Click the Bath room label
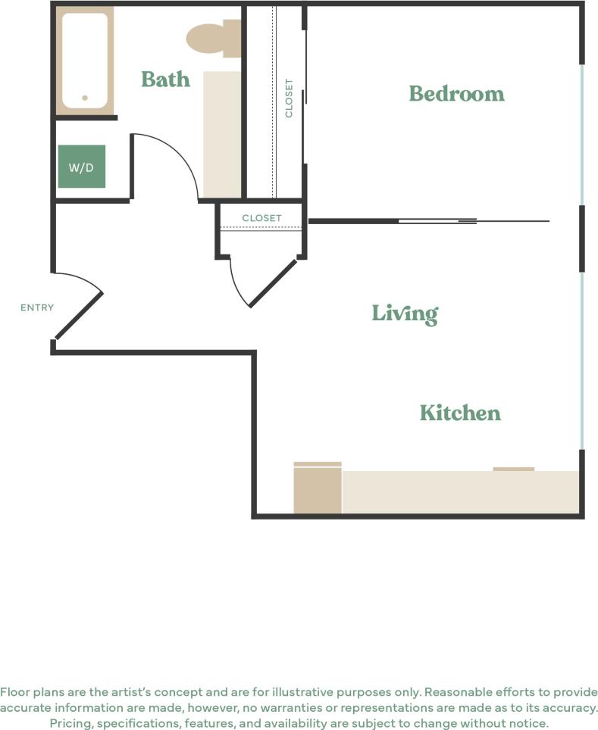pyautogui.click(x=165, y=79)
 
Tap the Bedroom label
pyautogui.click(x=456, y=93)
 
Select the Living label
pyautogui.click(x=405, y=313)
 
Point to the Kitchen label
pyautogui.click(x=460, y=413)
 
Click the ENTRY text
pyautogui.click(x=37, y=307)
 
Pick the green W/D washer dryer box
pyautogui.click(x=81, y=167)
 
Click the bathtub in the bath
pyautogui.click(x=84, y=61)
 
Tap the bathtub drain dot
pyautogui.click(x=85, y=98)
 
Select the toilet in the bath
pyautogui.click(x=211, y=38)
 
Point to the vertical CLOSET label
pyautogui.click(x=289, y=98)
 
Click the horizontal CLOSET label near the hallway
pyautogui.click(x=261, y=218)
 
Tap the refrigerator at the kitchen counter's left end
pyautogui.click(x=318, y=489)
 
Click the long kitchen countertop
pyautogui.click(x=460, y=491)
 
